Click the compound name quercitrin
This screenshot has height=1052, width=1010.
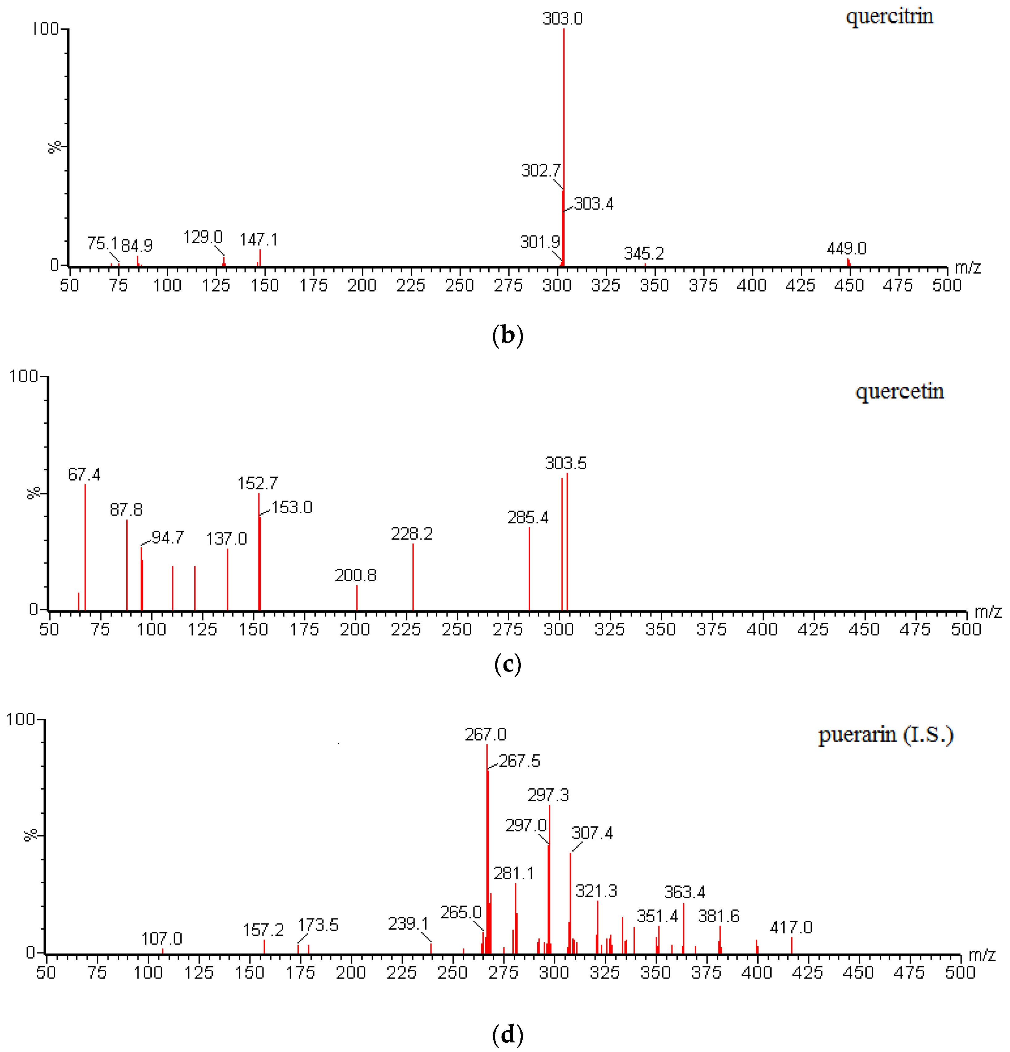click(889, 16)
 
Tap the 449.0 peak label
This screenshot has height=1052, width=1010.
click(846, 248)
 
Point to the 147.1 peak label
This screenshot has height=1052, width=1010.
click(259, 240)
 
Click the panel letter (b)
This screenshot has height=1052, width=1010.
click(507, 335)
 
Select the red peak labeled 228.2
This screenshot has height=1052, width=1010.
click(413, 577)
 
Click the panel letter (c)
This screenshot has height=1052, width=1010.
click(507, 664)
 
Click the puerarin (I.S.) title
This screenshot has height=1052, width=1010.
click(886, 735)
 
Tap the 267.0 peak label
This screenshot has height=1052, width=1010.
click(486, 734)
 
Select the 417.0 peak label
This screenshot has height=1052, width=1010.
click(791, 927)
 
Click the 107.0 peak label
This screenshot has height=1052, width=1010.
click(162, 939)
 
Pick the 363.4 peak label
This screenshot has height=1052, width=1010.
click(684, 892)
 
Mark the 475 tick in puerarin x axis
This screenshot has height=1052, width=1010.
click(909, 973)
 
